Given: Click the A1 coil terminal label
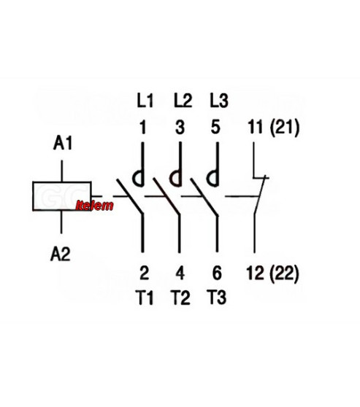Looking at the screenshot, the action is click(x=63, y=143).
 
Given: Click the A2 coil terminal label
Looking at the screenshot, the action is click(x=61, y=254).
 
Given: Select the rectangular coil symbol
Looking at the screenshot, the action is click(x=62, y=196).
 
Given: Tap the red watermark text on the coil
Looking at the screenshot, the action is click(x=95, y=205).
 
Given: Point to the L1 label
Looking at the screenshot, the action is click(x=145, y=101).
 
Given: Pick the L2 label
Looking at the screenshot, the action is click(x=183, y=101).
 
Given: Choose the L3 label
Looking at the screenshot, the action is click(x=219, y=101).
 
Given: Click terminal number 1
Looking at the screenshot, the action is click(x=142, y=127).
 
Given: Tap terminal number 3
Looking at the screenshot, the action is click(x=180, y=127).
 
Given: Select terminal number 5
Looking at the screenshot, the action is click(x=215, y=127).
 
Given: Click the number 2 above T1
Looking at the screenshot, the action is click(x=145, y=273).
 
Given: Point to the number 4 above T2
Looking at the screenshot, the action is click(x=180, y=273).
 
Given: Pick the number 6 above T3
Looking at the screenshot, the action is click(x=217, y=273).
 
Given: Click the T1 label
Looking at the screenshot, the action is click(x=145, y=298).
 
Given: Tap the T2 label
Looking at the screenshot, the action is click(x=180, y=298).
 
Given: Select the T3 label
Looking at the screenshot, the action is click(x=217, y=298).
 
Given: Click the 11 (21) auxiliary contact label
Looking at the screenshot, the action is click(x=274, y=128).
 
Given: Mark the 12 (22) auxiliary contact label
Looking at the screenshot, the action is click(x=272, y=274).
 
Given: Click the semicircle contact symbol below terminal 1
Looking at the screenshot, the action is click(x=133, y=179).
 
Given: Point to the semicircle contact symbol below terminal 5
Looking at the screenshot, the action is click(x=208, y=179).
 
